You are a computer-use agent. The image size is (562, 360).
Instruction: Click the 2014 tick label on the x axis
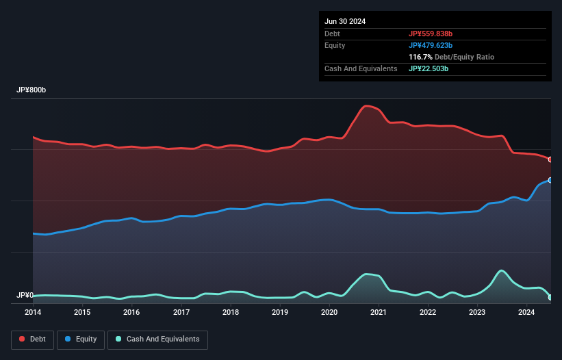pyautogui.click(x=33, y=313)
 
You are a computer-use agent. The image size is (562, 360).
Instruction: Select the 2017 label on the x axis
pyautogui.click(x=181, y=313)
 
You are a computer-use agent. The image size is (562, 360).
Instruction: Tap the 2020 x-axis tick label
pyautogui.click(x=329, y=313)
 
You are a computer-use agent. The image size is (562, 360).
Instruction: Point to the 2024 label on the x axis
pyautogui.click(x=526, y=313)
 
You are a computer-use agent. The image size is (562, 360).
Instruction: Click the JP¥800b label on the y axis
pyautogui.click(x=31, y=90)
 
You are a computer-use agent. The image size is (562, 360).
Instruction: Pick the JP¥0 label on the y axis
pyautogui.click(x=25, y=296)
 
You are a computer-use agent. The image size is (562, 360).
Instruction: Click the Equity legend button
pyautogui.click(x=81, y=339)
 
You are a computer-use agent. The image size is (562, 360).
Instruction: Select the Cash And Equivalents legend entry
pyautogui.click(x=157, y=339)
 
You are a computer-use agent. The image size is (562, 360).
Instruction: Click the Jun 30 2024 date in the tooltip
pyautogui.click(x=345, y=21)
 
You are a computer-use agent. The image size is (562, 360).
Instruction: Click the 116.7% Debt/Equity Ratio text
pyautogui.click(x=451, y=57)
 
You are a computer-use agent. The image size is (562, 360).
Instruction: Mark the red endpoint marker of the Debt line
pyautogui.click(x=550, y=159)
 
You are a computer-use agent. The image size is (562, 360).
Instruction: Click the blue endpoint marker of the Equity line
pyautogui.click(x=550, y=180)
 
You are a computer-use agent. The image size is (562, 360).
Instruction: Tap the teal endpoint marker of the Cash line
pyautogui.click(x=550, y=297)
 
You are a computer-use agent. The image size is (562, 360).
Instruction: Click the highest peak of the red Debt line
pyautogui.click(x=368, y=105)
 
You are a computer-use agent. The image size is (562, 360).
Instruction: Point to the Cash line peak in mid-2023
pyautogui.click(x=501, y=270)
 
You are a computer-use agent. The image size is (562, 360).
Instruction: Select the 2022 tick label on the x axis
pyautogui.click(x=428, y=313)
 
